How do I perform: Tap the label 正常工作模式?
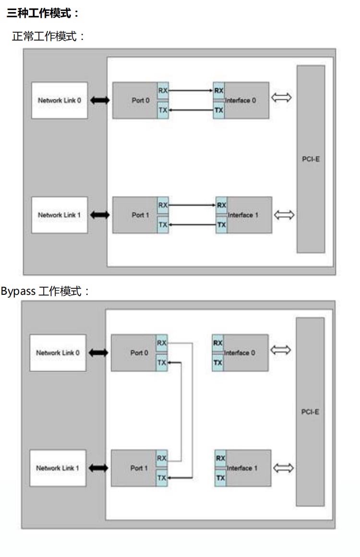(x=48, y=36)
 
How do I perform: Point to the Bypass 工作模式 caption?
(x=46, y=291)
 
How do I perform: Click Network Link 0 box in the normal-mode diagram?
(x=60, y=100)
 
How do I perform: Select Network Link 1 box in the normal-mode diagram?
(x=60, y=215)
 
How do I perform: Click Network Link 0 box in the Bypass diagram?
(x=58, y=353)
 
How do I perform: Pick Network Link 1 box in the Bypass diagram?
(x=58, y=468)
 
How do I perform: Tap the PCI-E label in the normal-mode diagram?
(x=311, y=159)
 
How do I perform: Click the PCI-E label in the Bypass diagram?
(x=310, y=412)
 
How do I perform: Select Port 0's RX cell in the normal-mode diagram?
(x=163, y=90)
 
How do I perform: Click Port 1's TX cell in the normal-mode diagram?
(x=163, y=224)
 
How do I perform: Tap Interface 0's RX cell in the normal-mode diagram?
(x=219, y=90)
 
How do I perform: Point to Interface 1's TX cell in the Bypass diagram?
(x=220, y=478)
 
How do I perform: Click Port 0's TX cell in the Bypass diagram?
(x=161, y=363)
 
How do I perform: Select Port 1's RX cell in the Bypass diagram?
(x=161, y=458)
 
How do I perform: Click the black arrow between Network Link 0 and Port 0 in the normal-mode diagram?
(x=100, y=100)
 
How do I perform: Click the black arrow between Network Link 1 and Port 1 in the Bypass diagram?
(x=98, y=468)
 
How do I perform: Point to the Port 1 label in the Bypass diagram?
(x=139, y=468)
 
